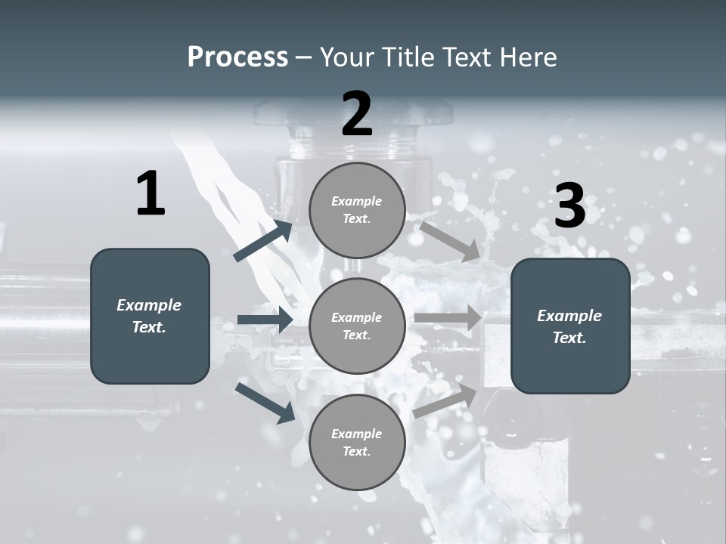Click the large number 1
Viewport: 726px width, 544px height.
(150, 194)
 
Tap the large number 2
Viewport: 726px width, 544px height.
(357, 114)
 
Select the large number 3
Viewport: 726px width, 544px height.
(569, 206)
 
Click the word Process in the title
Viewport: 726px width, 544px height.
(237, 57)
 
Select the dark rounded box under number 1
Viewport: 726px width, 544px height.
(150, 316)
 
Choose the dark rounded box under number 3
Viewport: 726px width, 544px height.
(570, 326)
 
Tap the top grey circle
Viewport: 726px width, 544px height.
(357, 210)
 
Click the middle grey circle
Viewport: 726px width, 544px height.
(357, 326)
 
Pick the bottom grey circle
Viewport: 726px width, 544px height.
(357, 442)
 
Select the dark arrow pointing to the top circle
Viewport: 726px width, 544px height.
(263, 241)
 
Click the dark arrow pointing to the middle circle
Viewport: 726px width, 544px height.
(265, 320)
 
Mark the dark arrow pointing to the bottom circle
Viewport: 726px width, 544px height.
(265, 402)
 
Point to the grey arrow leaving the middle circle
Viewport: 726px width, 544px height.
(448, 317)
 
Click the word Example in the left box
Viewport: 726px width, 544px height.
(149, 305)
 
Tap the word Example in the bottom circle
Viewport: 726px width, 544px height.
(356, 434)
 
